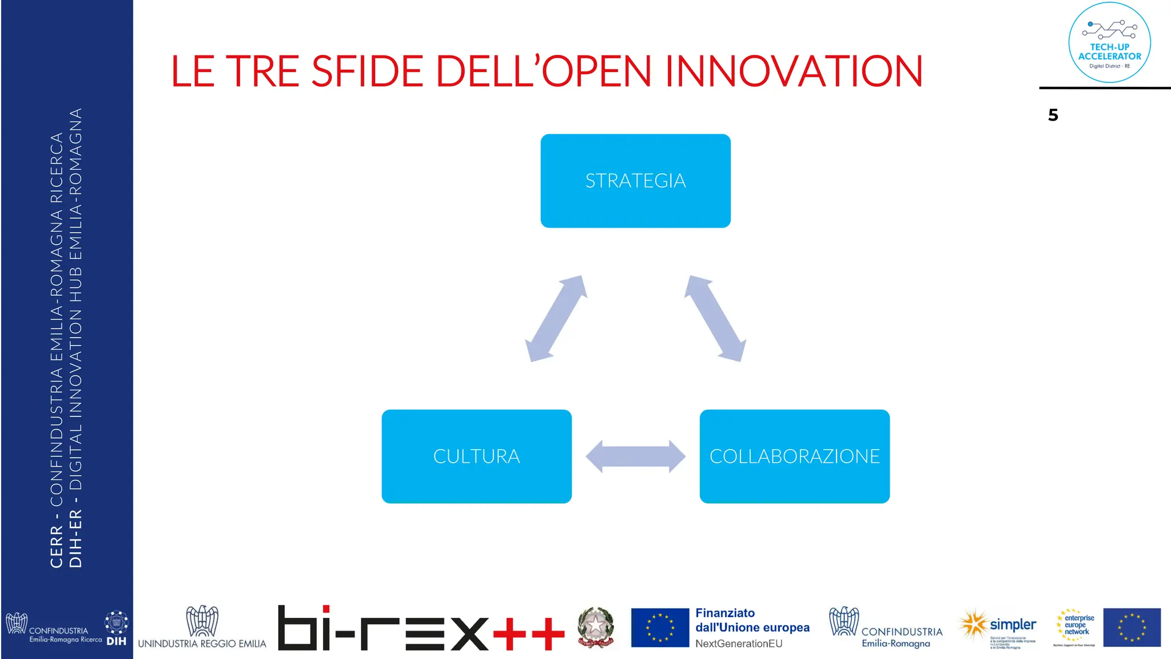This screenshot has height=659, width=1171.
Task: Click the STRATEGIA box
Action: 635,181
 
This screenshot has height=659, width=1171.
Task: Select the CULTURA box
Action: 476,456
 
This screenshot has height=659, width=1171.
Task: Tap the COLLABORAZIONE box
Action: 794,456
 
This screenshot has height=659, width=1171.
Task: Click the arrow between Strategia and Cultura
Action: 556,319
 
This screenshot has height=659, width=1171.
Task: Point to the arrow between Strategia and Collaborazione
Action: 715,319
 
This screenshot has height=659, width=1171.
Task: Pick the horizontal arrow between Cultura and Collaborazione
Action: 635,456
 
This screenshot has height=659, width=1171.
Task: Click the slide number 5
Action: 1053,116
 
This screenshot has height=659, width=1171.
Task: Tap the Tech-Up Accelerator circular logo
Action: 1109,43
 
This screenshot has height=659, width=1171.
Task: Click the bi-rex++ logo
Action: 420,628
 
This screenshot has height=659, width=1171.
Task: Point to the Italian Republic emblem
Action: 595,627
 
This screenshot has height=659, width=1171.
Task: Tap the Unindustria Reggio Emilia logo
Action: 202,628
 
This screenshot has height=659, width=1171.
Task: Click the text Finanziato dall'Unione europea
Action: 752,621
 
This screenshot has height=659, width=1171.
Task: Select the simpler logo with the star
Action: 998,628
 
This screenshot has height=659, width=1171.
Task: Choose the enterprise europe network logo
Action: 1076,627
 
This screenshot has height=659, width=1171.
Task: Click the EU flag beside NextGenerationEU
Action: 660,628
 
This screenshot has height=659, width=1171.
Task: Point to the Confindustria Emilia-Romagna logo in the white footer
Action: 885,628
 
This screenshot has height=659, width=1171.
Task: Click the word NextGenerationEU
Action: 738,644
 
